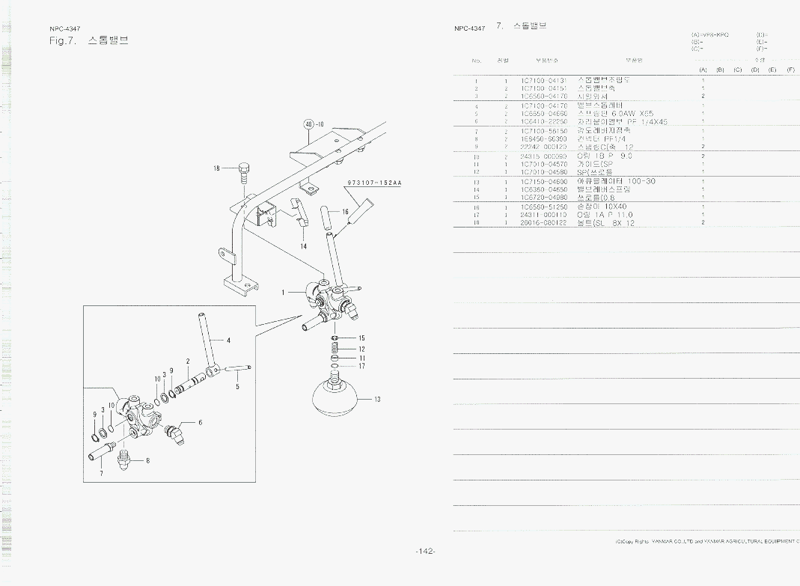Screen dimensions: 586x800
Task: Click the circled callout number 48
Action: tap(308, 124)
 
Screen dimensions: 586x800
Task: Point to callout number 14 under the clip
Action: tap(304, 246)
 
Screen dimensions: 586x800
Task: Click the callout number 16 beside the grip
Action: tap(345, 213)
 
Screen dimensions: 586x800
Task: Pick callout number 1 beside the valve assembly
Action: tap(283, 293)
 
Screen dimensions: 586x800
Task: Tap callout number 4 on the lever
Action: tap(228, 340)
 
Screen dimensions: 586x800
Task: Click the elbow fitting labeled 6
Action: tap(178, 432)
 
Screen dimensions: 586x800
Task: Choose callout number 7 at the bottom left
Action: tap(102, 473)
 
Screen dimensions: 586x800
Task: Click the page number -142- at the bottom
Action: tap(425, 552)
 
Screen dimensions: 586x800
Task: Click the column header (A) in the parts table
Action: tap(703, 70)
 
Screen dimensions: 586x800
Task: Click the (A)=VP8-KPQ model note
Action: tap(710, 35)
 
